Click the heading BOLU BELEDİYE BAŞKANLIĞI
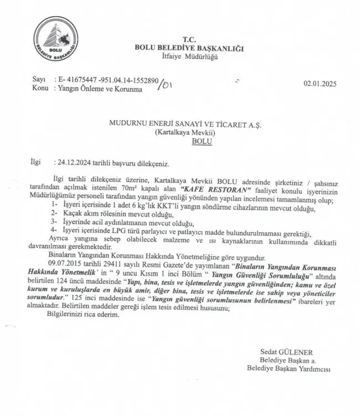[x=189, y=48]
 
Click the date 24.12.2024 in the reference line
[x=74, y=163]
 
